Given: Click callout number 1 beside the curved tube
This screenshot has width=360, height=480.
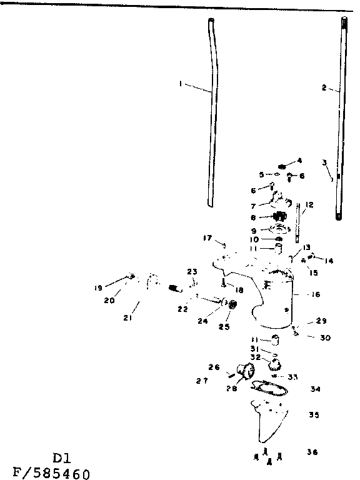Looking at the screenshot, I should coord(181,84).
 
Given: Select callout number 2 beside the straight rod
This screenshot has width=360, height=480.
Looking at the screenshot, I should coord(324,88).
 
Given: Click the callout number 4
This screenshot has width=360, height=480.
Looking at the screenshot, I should coord(299,160).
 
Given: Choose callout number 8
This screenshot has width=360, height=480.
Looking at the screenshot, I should coord(253,218).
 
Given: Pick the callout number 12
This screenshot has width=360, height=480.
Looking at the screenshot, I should coord(309,205).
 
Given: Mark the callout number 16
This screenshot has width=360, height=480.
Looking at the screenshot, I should coord(316,294).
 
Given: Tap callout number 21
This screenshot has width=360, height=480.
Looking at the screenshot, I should coord(127,318).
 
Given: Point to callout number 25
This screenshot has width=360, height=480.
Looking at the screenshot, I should coord(224,326).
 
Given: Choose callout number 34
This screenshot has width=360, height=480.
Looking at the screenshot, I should coord(315,389).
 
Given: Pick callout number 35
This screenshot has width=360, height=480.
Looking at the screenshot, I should coord(314,414).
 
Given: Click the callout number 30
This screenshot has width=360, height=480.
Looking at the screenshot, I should coord(325,338).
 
